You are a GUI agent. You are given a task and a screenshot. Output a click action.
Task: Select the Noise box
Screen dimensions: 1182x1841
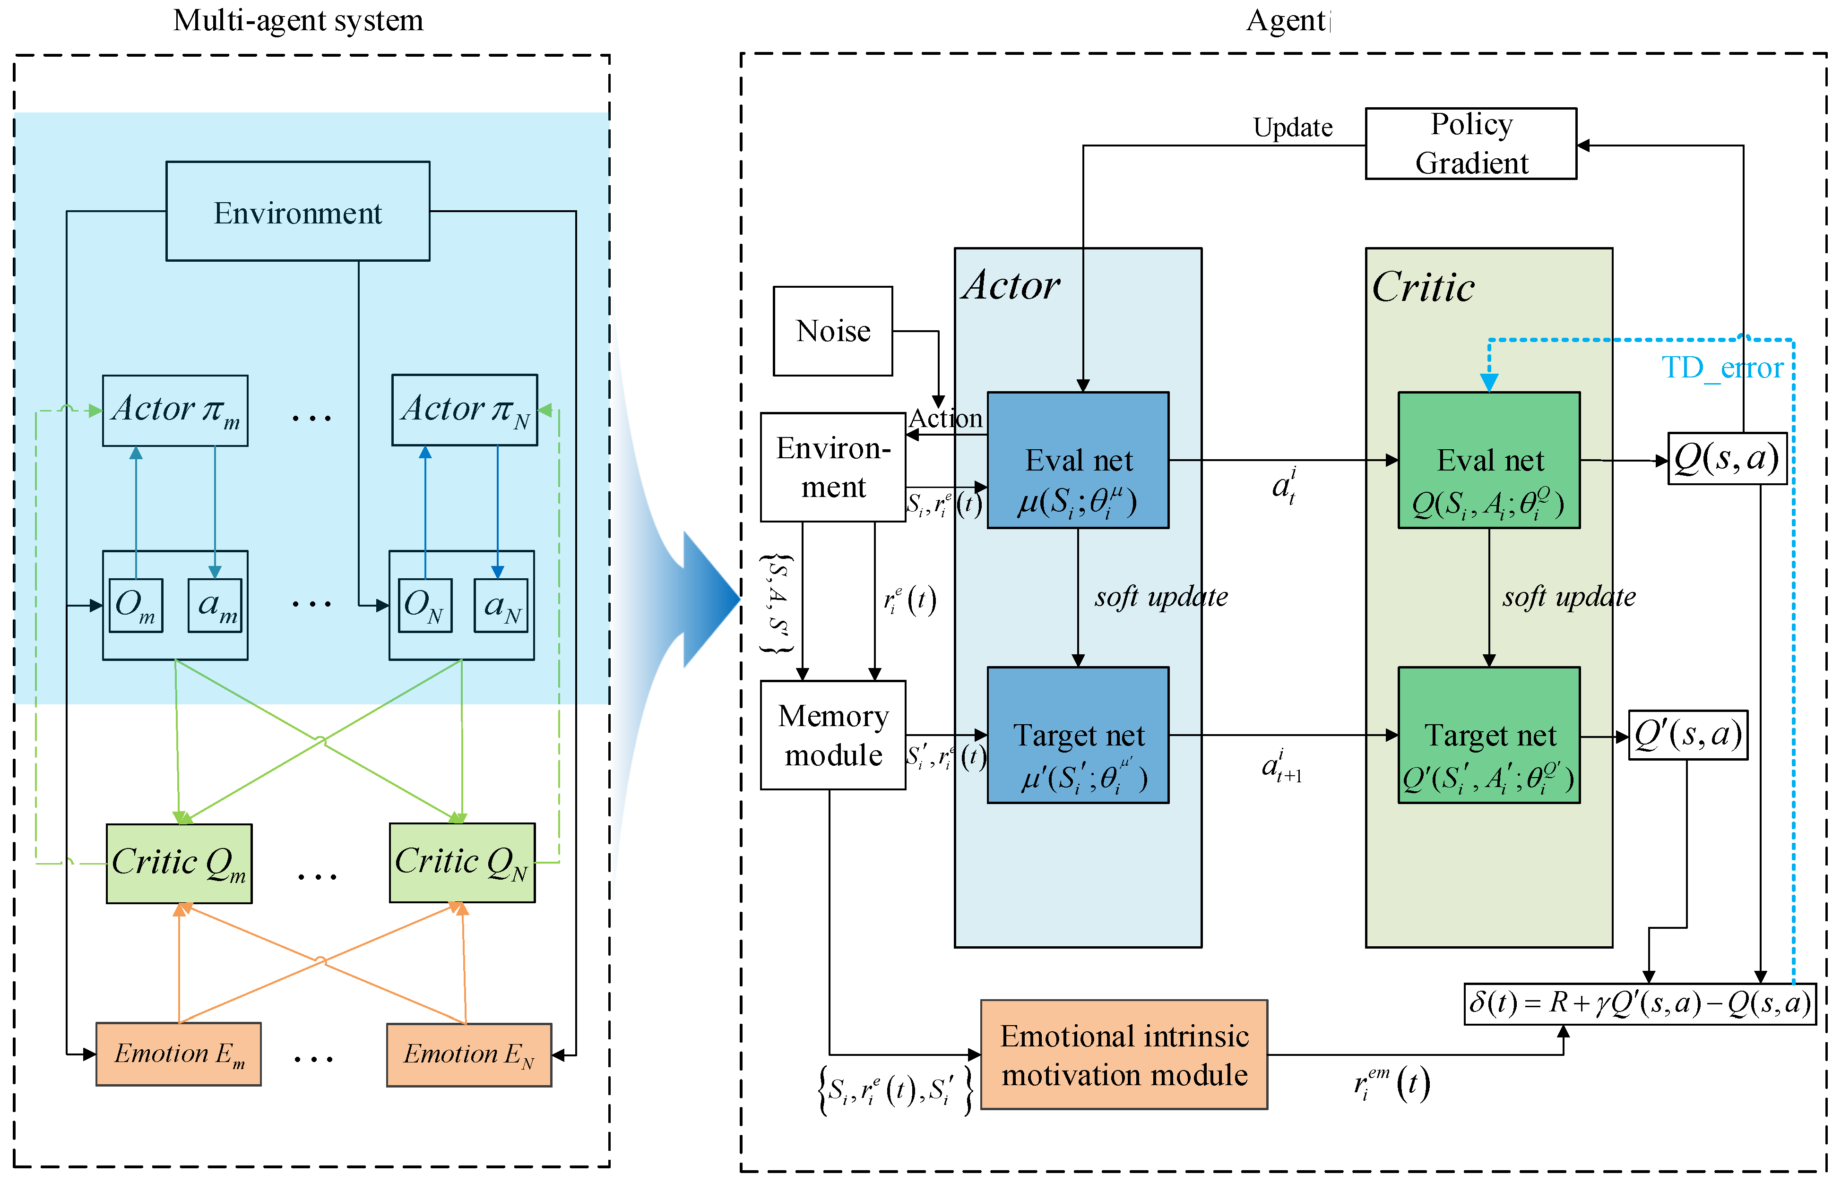coord(832,331)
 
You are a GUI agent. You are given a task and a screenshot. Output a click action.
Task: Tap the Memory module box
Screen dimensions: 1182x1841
coord(832,735)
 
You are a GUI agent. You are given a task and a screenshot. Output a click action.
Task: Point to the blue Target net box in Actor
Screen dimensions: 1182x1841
coord(1077,735)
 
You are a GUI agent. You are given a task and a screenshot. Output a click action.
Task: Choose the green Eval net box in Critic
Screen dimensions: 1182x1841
coord(1488,460)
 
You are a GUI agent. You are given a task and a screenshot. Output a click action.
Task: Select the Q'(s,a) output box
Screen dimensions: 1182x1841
coord(1687,735)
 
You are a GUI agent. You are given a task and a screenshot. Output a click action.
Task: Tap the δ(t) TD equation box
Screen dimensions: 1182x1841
coord(1639,1003)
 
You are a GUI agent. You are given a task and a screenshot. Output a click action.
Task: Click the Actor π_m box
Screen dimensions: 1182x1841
coord(175,410)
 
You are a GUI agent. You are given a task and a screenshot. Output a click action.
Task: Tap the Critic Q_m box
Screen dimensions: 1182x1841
coord(179,863)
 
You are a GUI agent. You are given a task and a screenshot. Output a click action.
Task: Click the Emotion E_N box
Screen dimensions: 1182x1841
coord(468,1054)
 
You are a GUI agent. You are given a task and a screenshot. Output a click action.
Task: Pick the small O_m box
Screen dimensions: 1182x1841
coord(136,605)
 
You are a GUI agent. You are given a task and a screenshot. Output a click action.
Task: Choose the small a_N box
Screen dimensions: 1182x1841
coord(501,605)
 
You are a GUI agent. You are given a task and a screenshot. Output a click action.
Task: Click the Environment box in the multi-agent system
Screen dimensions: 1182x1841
coord(298,211)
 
